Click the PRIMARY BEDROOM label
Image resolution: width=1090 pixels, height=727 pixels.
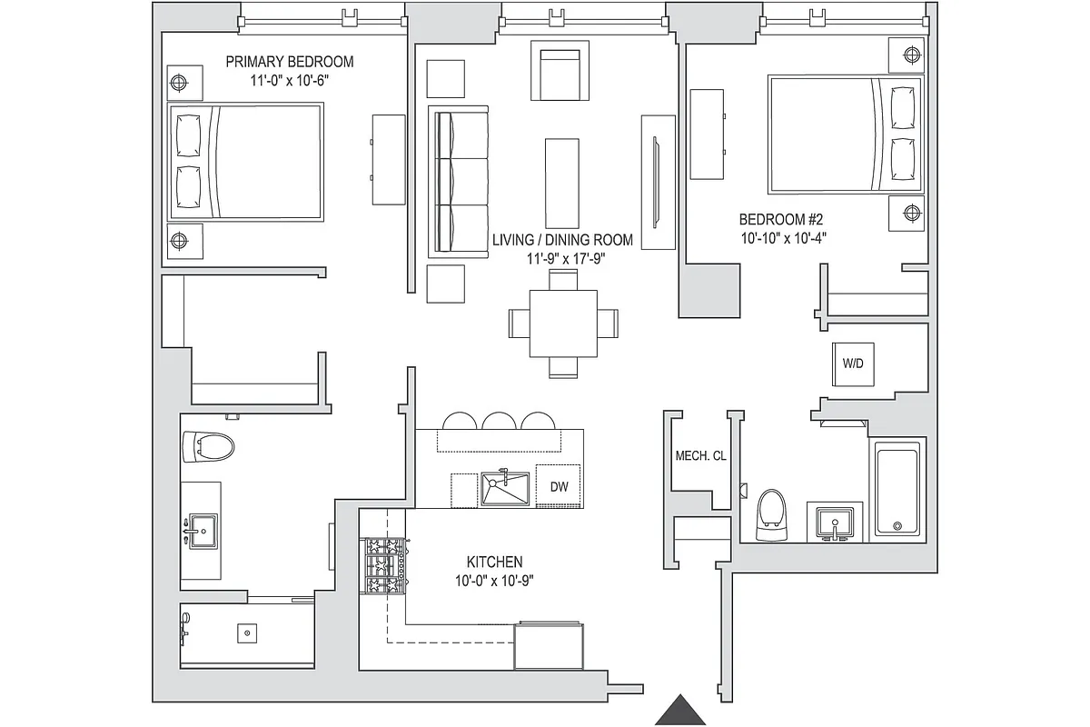289,62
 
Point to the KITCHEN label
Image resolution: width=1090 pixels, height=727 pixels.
493,563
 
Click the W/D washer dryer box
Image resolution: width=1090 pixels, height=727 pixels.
853,363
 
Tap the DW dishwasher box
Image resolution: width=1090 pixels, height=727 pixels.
559,487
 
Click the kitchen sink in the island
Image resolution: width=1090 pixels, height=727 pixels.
505,488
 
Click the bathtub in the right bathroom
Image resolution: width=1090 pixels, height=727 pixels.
900,489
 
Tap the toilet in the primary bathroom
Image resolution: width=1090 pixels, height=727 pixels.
208,446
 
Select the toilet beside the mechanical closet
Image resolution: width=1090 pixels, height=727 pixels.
771,509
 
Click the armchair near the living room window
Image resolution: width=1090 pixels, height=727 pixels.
559,73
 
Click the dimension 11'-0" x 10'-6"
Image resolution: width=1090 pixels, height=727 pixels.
289,80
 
